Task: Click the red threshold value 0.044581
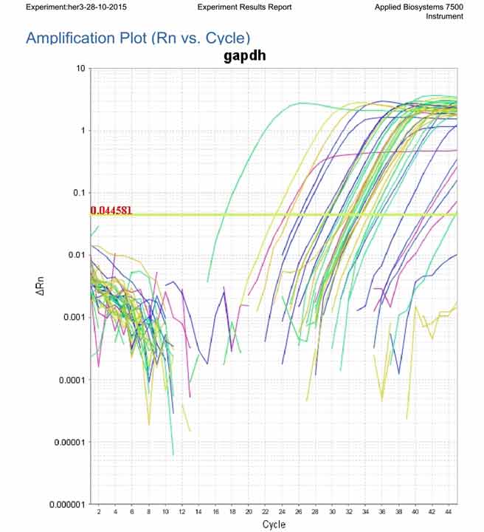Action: pyautogui.click(x=111, y=211)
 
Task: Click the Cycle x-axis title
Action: pyautogui.click(x=274, y=524)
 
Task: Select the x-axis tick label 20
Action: pyautogui.click(x=249, y=511)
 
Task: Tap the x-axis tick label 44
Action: pyautogui.click(x=449, y=511)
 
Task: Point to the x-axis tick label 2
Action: pyautogui.click(x=98, y=511)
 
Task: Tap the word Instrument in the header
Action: pyautogui.click(x=445, y=16)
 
